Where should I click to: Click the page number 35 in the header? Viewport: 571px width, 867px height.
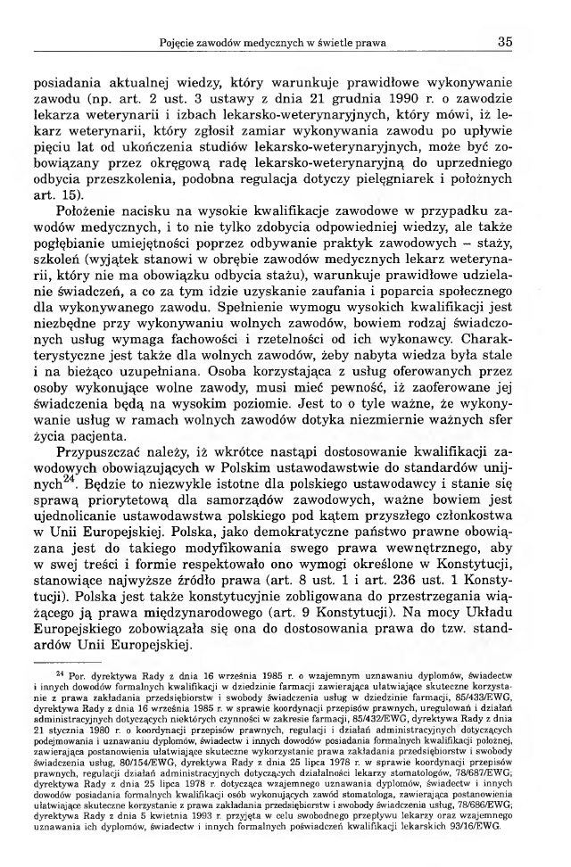pos(504,41)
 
